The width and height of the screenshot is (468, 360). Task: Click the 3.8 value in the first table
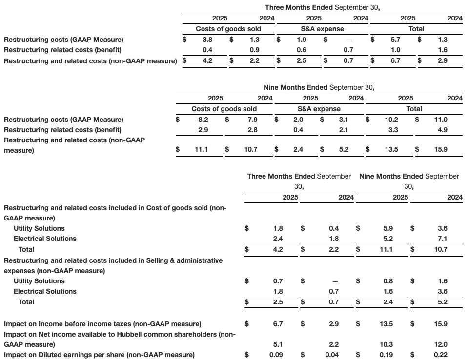point(207,40)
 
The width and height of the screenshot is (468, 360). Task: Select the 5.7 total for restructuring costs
point(395,40)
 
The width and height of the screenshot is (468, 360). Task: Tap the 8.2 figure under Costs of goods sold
point(203,120)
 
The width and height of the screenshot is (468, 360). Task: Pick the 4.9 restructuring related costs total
point(442,130)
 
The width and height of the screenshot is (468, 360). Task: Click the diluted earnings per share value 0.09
point(276,355)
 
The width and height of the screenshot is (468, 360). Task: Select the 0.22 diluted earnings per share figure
point(440,355)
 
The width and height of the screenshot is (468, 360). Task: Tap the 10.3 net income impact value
point(386,344)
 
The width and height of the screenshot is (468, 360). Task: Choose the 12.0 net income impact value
point(441,344)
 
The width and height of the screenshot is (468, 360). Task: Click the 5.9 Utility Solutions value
point(387,228)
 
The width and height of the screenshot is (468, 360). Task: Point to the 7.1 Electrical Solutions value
point(442,239)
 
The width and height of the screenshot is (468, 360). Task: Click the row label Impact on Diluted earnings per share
point(99,355)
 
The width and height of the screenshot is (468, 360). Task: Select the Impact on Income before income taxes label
point(102,324)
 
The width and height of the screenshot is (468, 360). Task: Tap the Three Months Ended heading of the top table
point(299,7)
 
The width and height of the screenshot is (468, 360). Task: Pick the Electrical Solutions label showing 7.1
point(45,239)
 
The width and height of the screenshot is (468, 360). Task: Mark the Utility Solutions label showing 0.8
point(39,281)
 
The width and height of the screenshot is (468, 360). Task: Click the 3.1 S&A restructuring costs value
point(344,120)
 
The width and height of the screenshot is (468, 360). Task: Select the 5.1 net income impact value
point(277,344)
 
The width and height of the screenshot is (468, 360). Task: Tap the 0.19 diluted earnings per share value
point(386,355)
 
